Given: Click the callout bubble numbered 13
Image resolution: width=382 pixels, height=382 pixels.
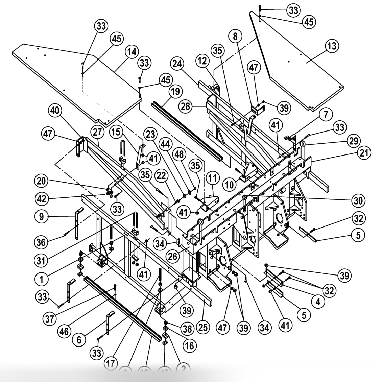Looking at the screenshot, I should (x=332, y=45).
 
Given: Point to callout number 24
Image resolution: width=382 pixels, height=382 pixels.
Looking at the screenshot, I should (x=177, y=63).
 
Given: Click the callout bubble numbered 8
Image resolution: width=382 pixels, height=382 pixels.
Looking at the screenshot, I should (x=235, y=36).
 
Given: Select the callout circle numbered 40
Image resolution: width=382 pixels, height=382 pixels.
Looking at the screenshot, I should (x=55, y=110).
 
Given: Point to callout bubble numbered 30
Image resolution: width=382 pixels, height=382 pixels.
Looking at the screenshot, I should (x=358, y=201).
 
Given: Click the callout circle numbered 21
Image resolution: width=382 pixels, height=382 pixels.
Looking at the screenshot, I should (x=364, y=153).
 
